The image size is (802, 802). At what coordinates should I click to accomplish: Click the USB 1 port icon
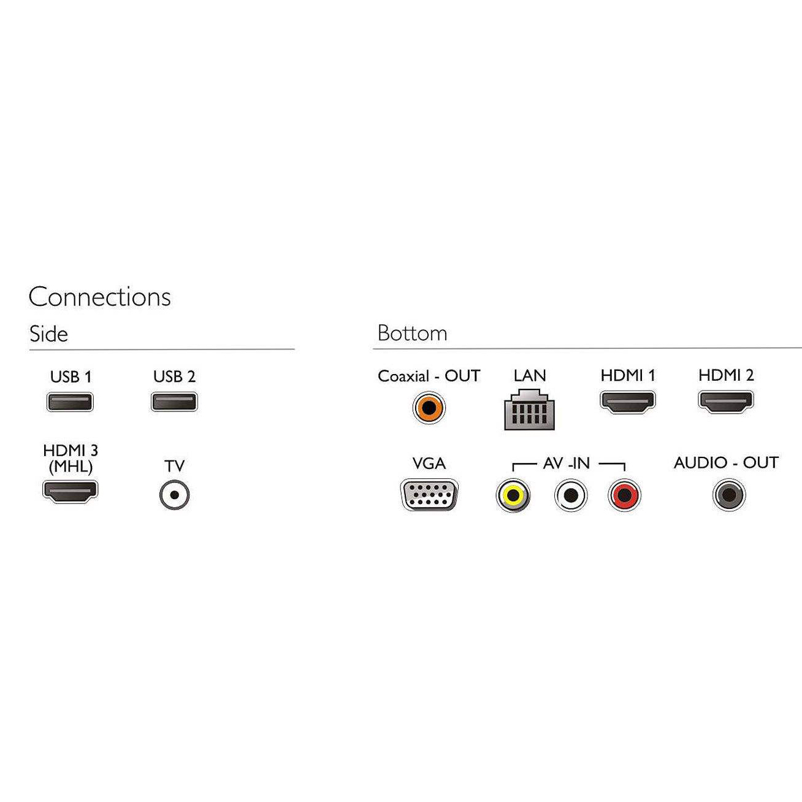[x=70, y=402]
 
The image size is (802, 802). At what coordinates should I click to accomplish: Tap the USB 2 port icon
[x=174, y=402]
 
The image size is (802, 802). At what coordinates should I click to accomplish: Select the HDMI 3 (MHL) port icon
[x=70, y=491]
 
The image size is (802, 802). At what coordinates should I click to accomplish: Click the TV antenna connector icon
[x=174, y=495]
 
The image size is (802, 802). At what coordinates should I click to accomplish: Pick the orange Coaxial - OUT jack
[x=429, y=408]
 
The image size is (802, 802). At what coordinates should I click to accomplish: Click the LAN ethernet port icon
[x=529, y=411]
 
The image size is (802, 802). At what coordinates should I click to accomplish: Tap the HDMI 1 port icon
[x=627, y=402]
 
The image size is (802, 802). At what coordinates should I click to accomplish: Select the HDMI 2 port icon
[x=725, y=402]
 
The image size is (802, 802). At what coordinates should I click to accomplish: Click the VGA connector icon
[x=429, y=494]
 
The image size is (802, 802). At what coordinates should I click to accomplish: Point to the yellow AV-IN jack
[x=513, y=495]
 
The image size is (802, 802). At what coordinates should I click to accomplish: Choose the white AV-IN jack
[x=570, y=495]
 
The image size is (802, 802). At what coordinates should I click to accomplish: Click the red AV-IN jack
[x=624, y=495]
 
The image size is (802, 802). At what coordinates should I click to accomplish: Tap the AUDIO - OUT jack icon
[x=728, y=494]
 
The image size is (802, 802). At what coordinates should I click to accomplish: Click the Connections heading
[x=99, y=297]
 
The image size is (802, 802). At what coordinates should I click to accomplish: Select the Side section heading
[x=48, y=334]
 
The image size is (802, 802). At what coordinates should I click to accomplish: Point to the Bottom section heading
[x=412, y=334]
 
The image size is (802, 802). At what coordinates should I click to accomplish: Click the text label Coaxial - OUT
[x=429, y=376]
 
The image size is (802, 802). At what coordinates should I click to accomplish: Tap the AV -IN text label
[x=566, y=464]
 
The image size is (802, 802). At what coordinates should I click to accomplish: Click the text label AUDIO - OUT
[x=726, y=462]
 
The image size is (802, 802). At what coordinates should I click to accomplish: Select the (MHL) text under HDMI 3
[x=71, y=467]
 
